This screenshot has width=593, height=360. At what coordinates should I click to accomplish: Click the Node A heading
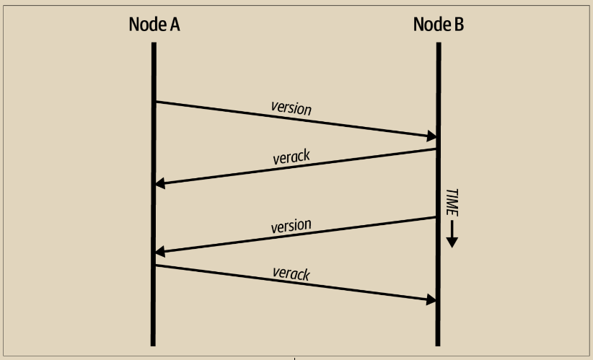click(154, 24)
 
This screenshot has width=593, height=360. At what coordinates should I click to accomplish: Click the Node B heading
click(439, 24)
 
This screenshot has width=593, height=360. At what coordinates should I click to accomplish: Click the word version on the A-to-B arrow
click(291, 109)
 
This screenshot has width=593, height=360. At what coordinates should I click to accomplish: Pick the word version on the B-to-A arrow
click(291, 226)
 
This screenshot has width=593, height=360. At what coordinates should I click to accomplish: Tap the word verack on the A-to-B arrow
click(291, 274)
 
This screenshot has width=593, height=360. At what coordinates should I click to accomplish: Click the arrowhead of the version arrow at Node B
click(431, 136)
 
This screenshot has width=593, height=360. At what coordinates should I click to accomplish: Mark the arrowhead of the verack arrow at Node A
click(161, 183)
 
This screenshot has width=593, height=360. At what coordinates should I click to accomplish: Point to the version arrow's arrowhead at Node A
click(161, 251)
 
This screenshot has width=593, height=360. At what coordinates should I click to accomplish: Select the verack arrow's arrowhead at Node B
click(431, 299)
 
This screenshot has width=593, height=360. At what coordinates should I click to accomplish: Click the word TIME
click(452, 203)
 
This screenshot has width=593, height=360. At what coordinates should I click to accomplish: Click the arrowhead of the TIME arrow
click(452, 242)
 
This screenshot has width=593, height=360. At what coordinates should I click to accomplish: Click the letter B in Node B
click(458, 24)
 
